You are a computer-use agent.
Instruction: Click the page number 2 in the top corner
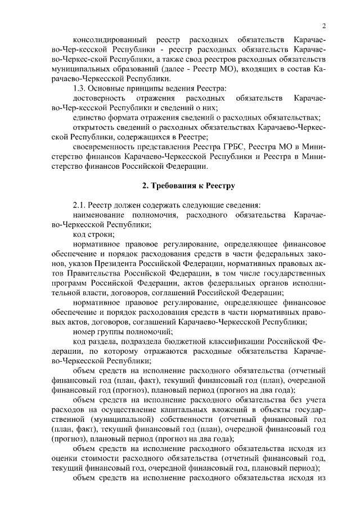click(x=325, y=25)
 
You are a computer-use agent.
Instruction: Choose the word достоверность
click(x=96, y=98)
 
